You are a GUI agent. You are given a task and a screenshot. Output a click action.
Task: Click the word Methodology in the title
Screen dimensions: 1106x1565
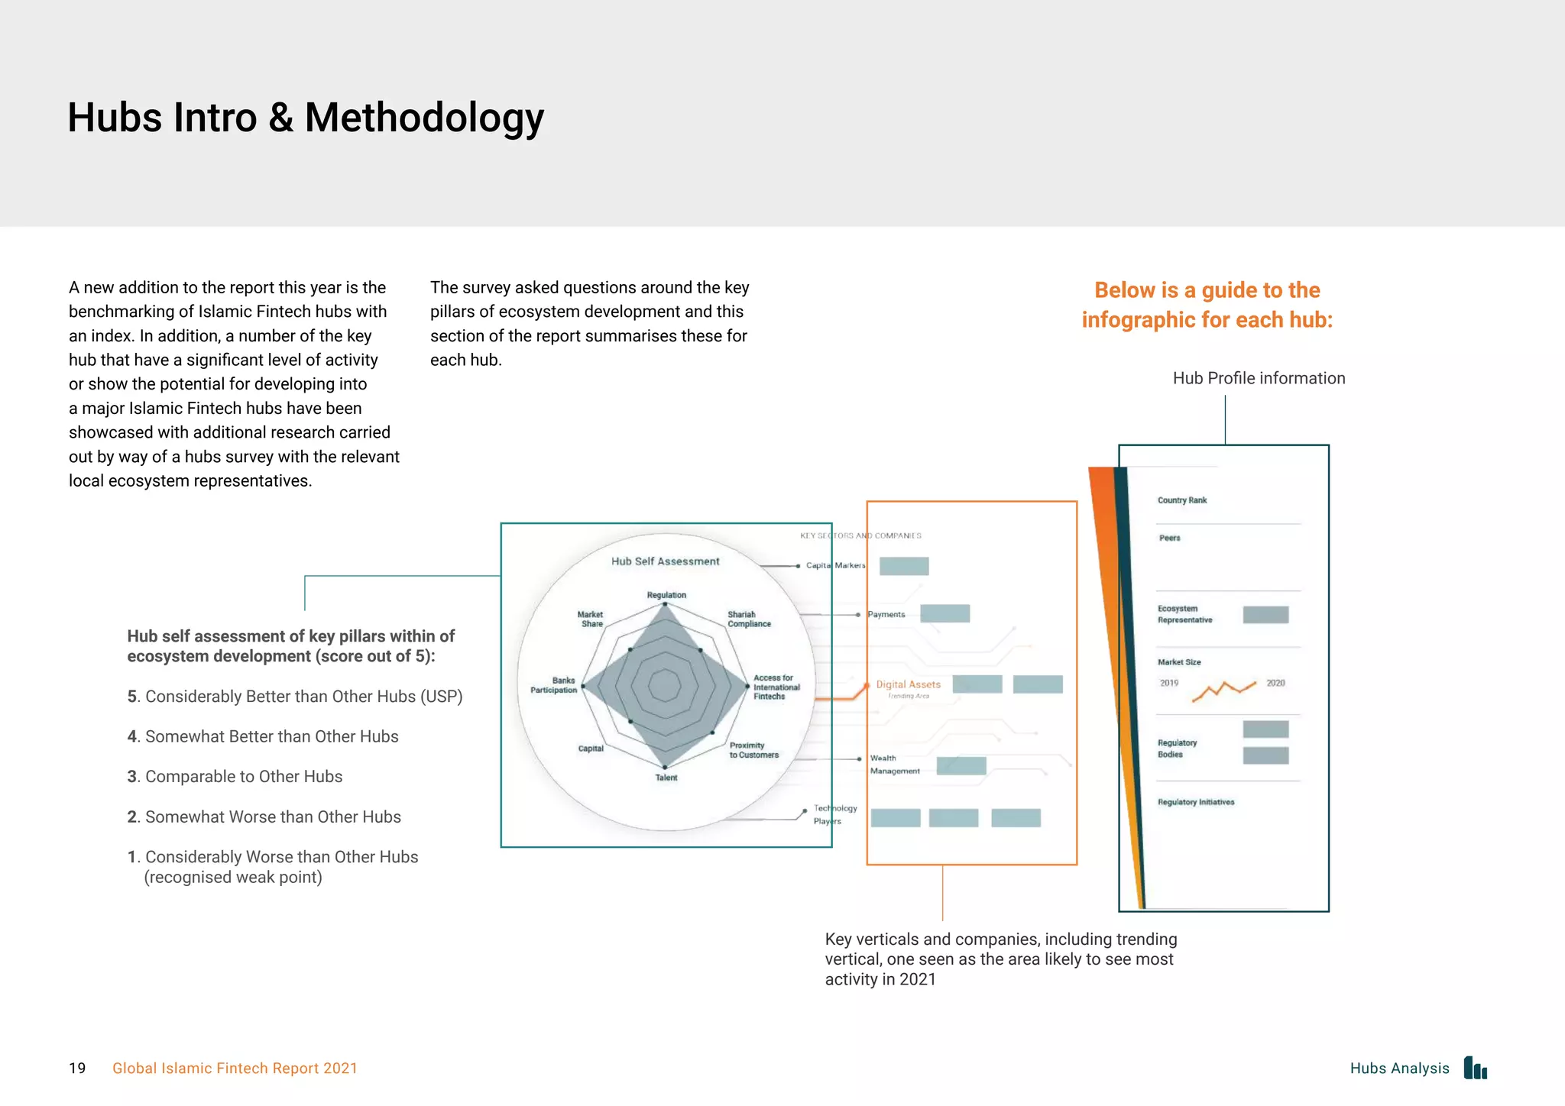click(x=424, y=118)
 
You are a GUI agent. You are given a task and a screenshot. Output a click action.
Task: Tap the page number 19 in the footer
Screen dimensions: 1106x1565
click(x=77, y=1068)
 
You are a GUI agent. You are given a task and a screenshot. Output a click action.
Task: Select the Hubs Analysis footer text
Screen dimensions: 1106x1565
click(x=1399, y=1068)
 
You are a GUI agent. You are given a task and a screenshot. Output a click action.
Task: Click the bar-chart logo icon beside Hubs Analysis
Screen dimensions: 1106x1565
click(x=1476, y=1068)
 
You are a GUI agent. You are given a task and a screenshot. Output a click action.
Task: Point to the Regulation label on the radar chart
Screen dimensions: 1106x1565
click(x=666, y=595)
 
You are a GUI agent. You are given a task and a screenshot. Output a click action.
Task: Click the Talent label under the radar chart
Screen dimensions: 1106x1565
click(x=666, y=778)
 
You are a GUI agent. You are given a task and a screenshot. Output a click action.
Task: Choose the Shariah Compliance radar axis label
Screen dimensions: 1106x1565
click(x=748, y=619)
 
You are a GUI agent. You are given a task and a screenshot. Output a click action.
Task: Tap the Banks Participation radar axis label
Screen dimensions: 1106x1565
click(x=554, y=685)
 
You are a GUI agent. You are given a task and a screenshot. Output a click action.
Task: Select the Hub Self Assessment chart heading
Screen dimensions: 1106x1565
click(x=665, y=561)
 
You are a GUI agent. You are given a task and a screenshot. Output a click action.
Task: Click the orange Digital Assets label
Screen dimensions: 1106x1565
click(x=908, y=684)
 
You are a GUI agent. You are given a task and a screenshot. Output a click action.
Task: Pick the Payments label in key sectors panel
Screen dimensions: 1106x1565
click(x=886, y=614)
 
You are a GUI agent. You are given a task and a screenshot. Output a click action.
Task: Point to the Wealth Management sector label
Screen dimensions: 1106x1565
click(x=893, y=765)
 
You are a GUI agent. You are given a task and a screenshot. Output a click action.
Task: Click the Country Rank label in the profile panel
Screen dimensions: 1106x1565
click(x=1181, y=500)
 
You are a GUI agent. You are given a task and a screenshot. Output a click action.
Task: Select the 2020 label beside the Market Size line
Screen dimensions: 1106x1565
click(x=1275, y=683)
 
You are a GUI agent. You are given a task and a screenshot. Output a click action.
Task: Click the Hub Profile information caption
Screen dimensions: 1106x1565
click(x=1259, y=378)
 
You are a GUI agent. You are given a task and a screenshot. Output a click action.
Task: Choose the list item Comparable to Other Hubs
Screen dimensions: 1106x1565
click(x=243, y=776)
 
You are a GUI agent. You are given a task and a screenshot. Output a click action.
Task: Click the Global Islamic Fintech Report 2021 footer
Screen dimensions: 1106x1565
click(x=235, y=1068)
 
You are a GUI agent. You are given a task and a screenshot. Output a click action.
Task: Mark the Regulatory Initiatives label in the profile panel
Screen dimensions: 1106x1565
click(x=1195, y=802)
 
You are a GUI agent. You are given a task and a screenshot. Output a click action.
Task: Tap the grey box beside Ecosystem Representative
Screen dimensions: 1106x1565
click(x=1265, y=614)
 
